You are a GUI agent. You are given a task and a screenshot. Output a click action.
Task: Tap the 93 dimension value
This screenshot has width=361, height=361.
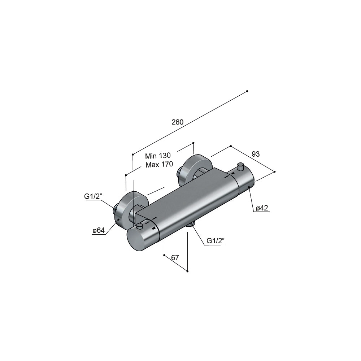(x=256, y=154)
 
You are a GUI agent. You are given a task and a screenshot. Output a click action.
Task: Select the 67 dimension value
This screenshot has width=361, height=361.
(x=175, y=258)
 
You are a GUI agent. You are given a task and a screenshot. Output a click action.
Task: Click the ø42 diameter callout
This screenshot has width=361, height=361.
(x=262, y=208)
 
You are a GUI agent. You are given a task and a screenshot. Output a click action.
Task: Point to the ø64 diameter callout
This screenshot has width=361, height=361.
(x=99, y=230)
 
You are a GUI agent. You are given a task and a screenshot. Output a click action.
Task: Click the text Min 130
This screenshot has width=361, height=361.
(x=158, y=156)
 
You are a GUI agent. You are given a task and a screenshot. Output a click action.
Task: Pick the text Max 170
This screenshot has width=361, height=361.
(x=159, y=164)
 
